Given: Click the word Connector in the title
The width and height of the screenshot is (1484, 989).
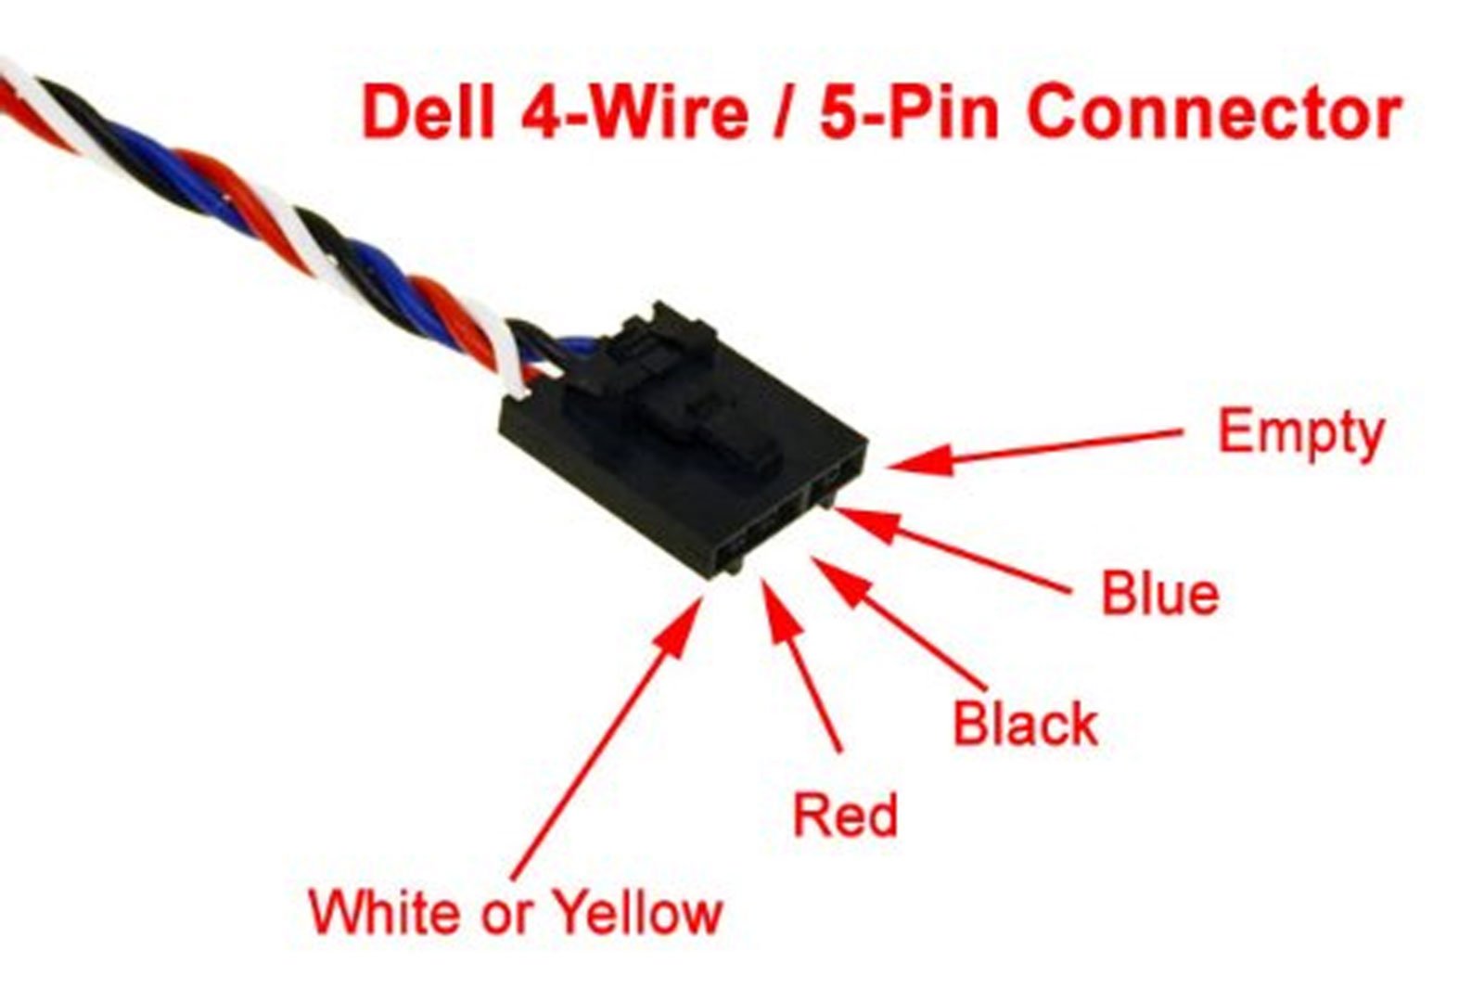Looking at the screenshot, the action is (1214, 113).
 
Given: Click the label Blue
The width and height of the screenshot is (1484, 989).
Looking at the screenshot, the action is (1159, 594).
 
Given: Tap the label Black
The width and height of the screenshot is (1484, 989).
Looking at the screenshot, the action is (1025, 725).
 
